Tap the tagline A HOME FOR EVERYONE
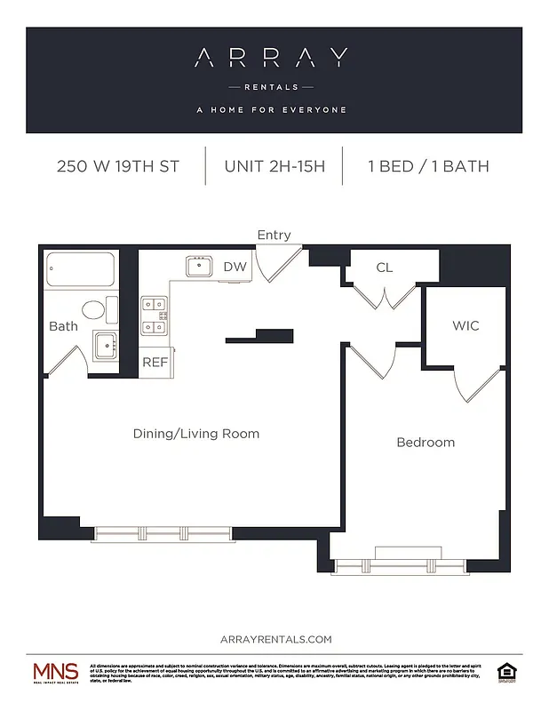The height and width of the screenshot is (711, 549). (x=271, y=110)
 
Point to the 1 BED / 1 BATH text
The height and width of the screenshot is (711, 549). (x=428, y=166)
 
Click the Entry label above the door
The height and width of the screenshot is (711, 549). (x=274, y=235)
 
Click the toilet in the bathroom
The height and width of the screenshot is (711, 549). (x=95, y=310)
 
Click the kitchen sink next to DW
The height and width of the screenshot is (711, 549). (x=199, y=266)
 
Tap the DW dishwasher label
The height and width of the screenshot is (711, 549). (x=234, y=267)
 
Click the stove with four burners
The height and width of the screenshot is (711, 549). (x=155, y=316)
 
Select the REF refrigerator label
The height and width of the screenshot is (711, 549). (x=155, y=362)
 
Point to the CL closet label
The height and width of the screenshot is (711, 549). (x=384, y=267)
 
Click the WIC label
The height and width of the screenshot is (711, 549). (x=465, y=325)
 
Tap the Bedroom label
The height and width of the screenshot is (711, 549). (x=425, y=442)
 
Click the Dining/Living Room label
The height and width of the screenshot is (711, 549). (x=195, y=434)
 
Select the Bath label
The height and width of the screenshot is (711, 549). (x=63, y=326)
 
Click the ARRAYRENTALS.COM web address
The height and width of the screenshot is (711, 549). (x=274, y=639)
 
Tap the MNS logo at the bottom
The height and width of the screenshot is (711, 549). (x=55, y=673)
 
